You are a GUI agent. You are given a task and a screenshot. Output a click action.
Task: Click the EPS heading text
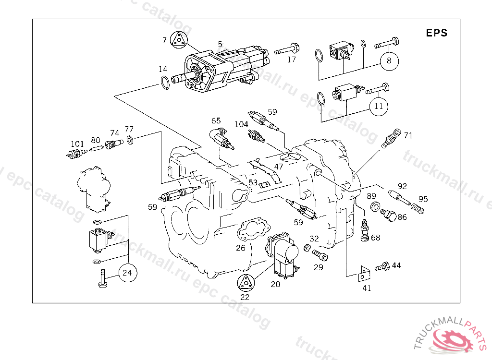pyautogui.click(x=436, y=33)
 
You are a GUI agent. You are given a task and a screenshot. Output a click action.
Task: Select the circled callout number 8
pyautogui.click(x=389, y=61)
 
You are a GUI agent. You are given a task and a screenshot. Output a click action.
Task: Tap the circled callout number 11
pyautogui.click(x=379, y=106)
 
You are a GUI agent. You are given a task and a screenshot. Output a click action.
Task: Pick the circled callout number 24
pyautogui.click(x=127, y=273)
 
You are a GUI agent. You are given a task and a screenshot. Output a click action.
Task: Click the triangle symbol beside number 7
pyautogui.click(x=179, y=40)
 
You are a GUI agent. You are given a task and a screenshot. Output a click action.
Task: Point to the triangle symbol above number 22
pyautogui.click(x=246, y=283)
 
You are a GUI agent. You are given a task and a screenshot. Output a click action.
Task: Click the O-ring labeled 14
pyautogui.click(x=165, y=83)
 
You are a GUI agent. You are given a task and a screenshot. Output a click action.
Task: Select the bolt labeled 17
pyautogui.click(x=287, y=49)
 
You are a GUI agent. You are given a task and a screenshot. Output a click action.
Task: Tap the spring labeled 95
pyautogui.click(x=418, y=208)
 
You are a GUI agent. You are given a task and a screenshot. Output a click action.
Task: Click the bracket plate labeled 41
pyautogui.click(x=364, y=274)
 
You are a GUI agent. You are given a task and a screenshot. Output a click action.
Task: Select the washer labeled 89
pyautogui.click(x=375, y=207)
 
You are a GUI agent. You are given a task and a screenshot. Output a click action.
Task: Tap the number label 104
pyautogui.click(x=241, y=124)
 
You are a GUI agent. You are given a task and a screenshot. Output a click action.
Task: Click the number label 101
pyautogui.click(x=77, y=144)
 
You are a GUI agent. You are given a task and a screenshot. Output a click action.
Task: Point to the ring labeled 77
pyautogui.click(x=130, y=140)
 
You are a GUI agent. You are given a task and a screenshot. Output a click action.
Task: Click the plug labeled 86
pyautogui.click(x=388, y=215)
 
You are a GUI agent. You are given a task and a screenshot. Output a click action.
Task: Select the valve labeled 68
pyautogui.click(x=364, y=230)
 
